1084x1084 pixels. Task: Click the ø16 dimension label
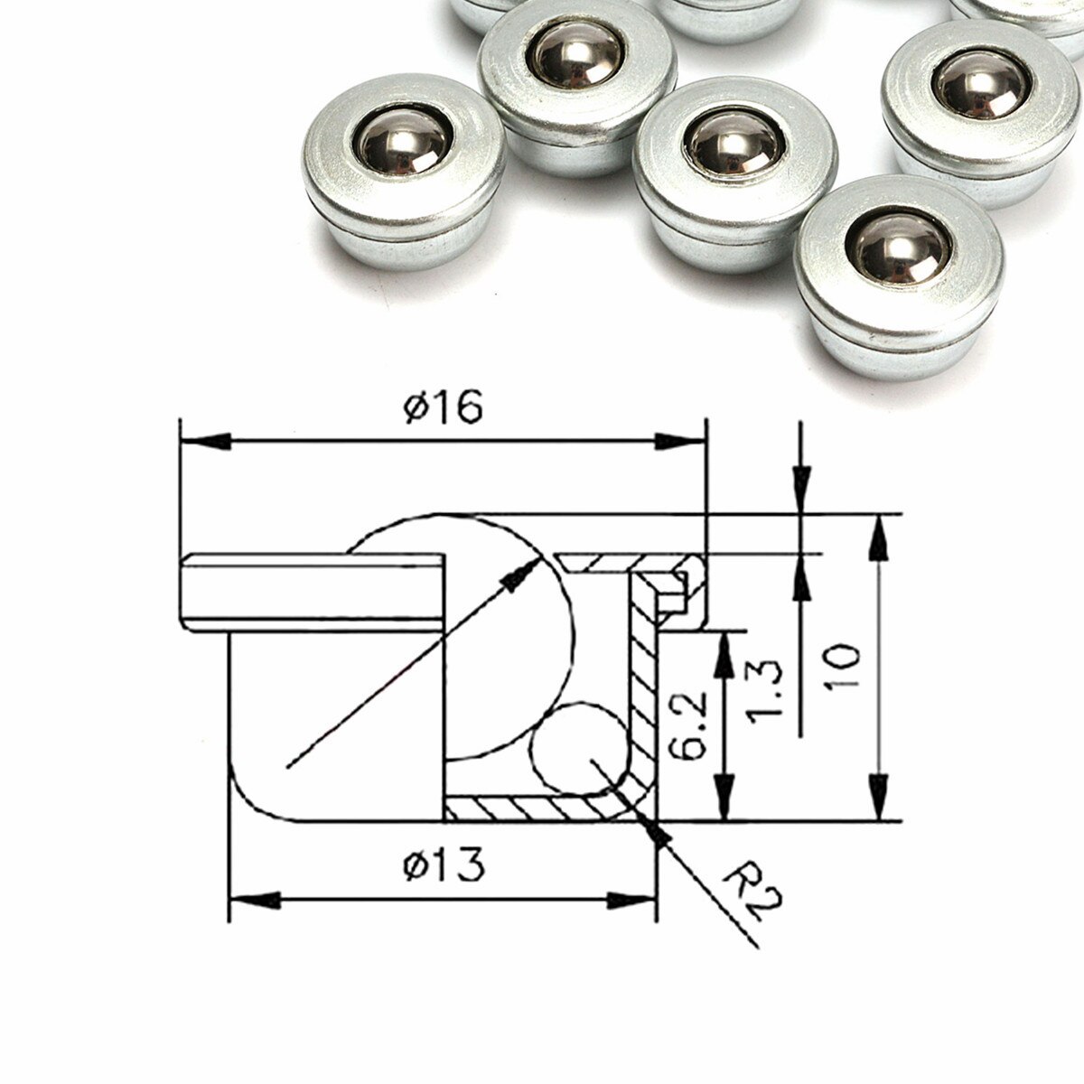(x=443, y=408)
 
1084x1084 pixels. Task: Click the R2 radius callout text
(x=752, y=893)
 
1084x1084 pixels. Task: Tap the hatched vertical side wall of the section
(x=643, y=687)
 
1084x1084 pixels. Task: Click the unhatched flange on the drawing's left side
(x=312, y=592)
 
